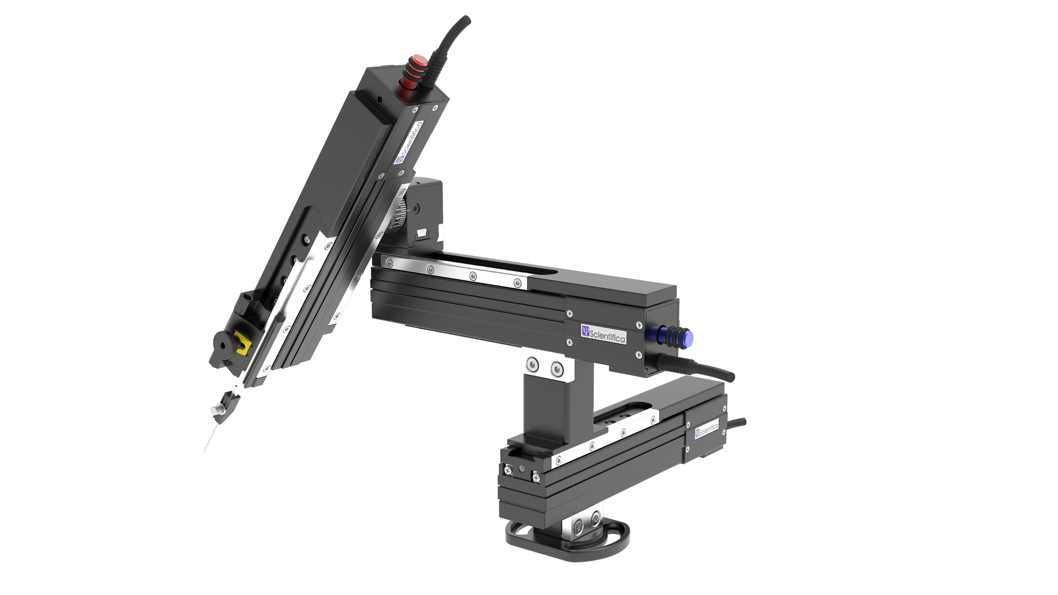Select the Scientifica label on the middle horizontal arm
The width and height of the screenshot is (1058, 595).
click(x=603, y=334)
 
